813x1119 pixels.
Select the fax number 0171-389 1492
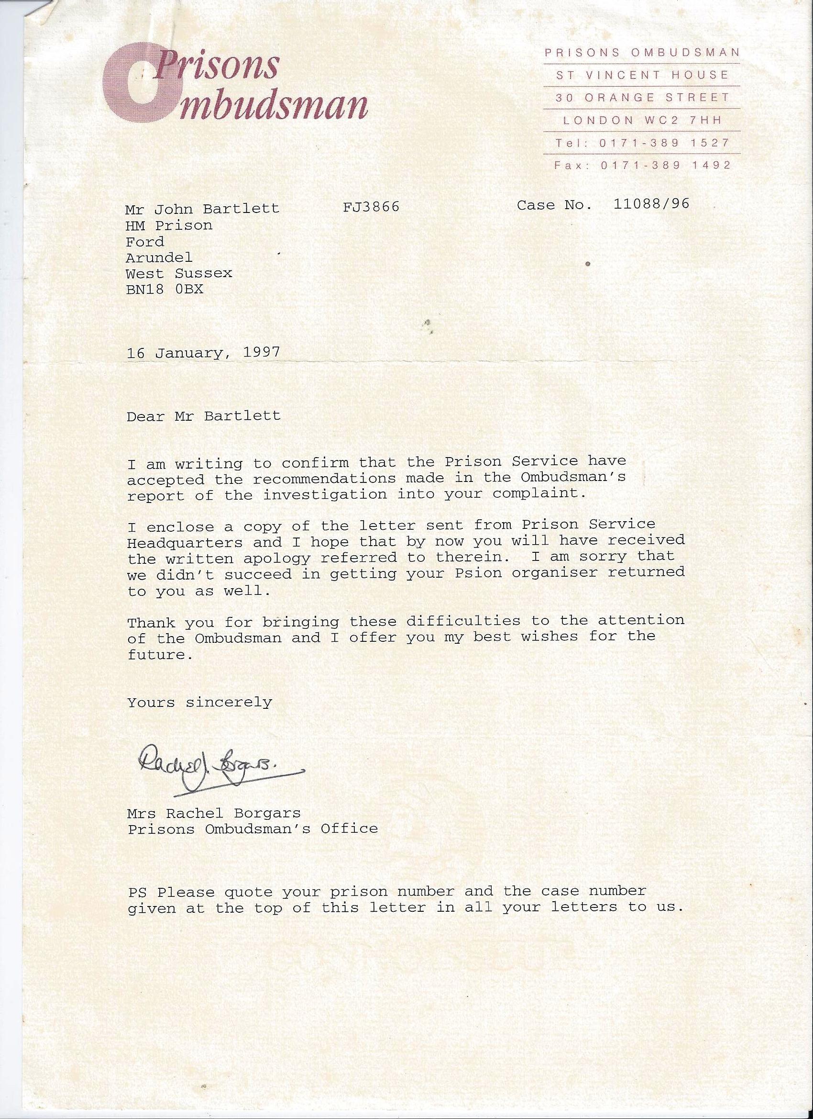(x=665, y=165)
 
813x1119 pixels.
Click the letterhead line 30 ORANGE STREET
(x=642, y=98)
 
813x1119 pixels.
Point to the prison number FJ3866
(x=371, y=206)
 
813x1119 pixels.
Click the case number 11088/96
(x=651, y=204)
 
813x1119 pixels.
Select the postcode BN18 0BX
(x=165, y=289)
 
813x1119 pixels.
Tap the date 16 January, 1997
(x=203, y=353)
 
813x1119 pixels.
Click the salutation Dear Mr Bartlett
(x=203, y=416)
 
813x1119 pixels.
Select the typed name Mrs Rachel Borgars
(x=214, y=814)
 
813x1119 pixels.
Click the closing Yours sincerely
(x=200, y=702)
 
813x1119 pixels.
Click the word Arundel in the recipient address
(x=159, y=257)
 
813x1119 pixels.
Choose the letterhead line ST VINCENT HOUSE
(x=642, y=75)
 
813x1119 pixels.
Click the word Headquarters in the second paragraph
(x=185, y=542)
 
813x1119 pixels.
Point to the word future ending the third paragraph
(x=156, y=655)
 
